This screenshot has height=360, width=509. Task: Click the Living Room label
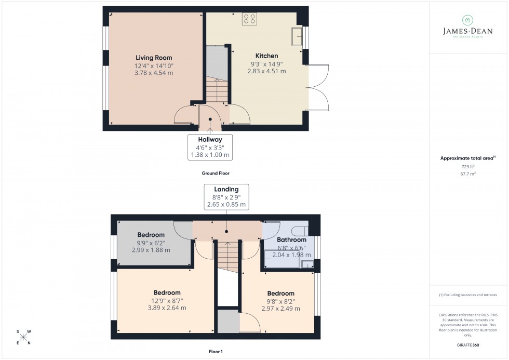coord(154,58)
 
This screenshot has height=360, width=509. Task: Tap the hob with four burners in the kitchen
coord(249,19)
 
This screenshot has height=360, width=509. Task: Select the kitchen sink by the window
coord(298,36)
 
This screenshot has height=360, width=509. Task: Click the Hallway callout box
coord(210,147)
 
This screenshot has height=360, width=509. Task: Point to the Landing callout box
coord(226,197)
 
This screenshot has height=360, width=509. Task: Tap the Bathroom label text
coord(291,240)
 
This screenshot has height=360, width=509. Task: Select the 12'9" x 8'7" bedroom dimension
coord(166,300)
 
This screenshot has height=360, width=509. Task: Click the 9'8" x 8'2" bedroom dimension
coord(281,301)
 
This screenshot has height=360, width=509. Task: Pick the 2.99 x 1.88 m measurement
coord(151,250)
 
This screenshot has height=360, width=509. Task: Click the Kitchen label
coord(266,56)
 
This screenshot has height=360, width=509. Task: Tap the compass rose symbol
coord(23,337)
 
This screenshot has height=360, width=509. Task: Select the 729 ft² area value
coord(468,166)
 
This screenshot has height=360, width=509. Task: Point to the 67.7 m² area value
coord(468,175)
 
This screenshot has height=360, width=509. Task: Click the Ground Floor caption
coord(216,173)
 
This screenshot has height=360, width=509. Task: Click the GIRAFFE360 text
coord(468,344)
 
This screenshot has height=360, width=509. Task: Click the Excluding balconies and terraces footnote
coord(468,295)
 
